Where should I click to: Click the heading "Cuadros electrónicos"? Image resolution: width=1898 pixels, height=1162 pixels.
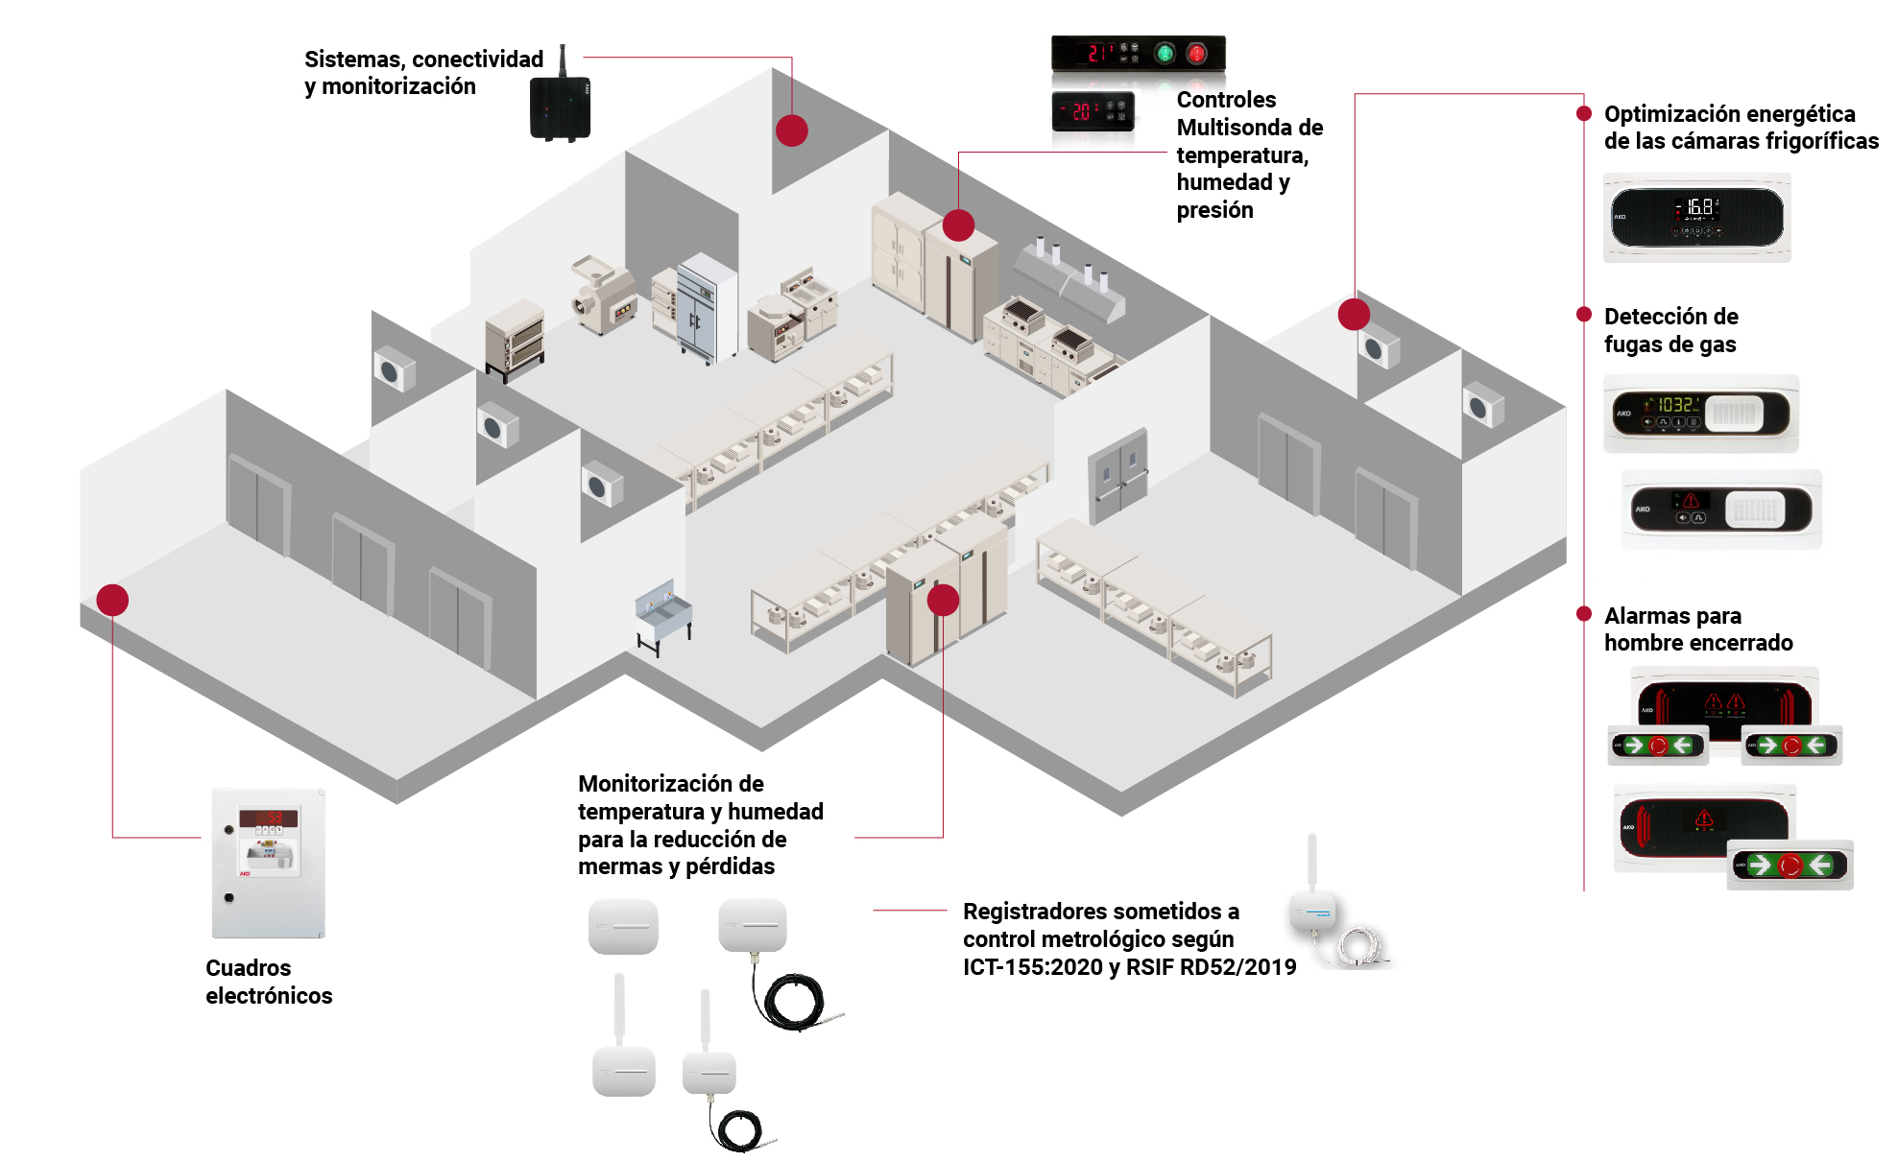click(269, 982)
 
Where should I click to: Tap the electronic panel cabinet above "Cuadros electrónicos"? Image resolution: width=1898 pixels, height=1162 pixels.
click(269, 864)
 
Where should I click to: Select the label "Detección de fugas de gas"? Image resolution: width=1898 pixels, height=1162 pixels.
click(1670, 330)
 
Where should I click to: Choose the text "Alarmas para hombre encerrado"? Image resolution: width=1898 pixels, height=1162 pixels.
click(1698, 629)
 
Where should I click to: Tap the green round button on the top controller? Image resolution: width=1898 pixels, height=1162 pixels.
click(1165, 53)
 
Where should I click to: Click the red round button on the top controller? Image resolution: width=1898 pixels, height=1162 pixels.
click(1196, 53)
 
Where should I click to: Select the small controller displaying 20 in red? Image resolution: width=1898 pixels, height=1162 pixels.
click(1093, 111)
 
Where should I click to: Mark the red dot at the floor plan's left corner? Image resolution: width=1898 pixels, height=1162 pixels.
click(112, 600)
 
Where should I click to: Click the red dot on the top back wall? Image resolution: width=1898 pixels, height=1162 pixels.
click(791, 130)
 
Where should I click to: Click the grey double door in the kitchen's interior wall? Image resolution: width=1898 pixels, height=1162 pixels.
click(1118, 475)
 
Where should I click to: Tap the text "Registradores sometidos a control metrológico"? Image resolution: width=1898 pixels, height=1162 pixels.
click(1100, 925)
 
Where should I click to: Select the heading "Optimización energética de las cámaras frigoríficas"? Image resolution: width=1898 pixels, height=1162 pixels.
click(1741, 128)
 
